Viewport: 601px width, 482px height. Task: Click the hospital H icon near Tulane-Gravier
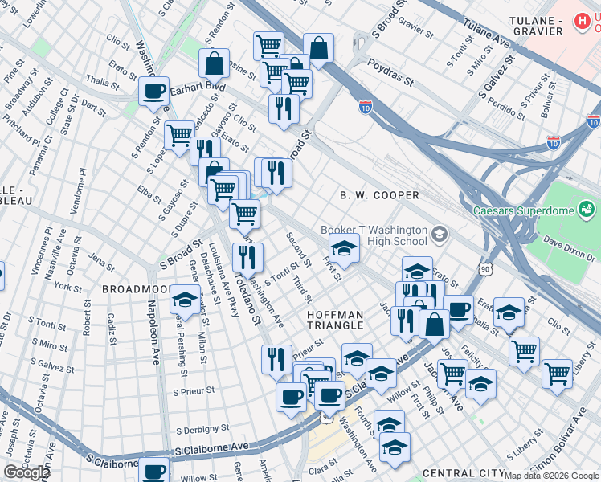click(581, 20)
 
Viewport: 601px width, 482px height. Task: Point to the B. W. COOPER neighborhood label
click(379, 195)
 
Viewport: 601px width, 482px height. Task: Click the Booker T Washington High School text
click(374, 235)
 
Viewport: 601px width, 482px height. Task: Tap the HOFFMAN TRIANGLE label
click(335, 320)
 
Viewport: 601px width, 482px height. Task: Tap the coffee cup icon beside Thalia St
click(153, 92)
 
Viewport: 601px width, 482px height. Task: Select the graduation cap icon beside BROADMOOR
click(185, 300)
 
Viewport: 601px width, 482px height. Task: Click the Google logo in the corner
click(27, 472)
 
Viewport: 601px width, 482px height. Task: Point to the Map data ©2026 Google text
click(551, 476)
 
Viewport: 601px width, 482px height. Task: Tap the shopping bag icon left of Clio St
click(215, 63)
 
